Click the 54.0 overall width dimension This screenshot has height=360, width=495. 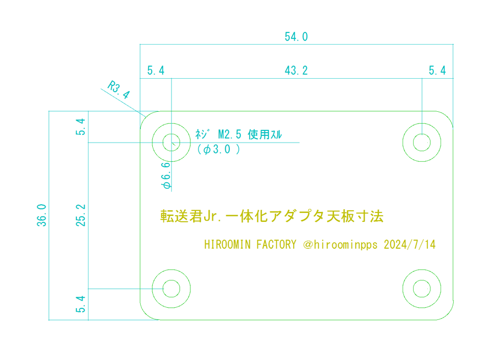(x=296, y=37)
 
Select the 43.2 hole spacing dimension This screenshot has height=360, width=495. (x=296, y=70)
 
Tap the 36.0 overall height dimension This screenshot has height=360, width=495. (x=42, y=215)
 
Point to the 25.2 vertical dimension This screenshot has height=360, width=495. (x=81, y=215)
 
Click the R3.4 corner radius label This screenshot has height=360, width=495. (x=118, y=90)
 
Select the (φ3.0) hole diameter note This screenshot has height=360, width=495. (x=218, y=149)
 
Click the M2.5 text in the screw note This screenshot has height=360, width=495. (x=230, y=134)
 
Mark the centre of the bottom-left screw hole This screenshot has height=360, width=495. (x=172, y=288)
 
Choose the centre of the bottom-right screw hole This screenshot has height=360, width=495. (x=422, y=288)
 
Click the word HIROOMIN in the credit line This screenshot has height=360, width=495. (x=227, y=244)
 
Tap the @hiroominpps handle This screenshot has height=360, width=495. (x=340, y=244)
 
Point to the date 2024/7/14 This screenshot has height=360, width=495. (x=410, y=244)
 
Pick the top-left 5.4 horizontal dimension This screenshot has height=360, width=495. (x=156, y=70)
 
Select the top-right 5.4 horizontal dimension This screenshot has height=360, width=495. (x=437, y=70)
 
